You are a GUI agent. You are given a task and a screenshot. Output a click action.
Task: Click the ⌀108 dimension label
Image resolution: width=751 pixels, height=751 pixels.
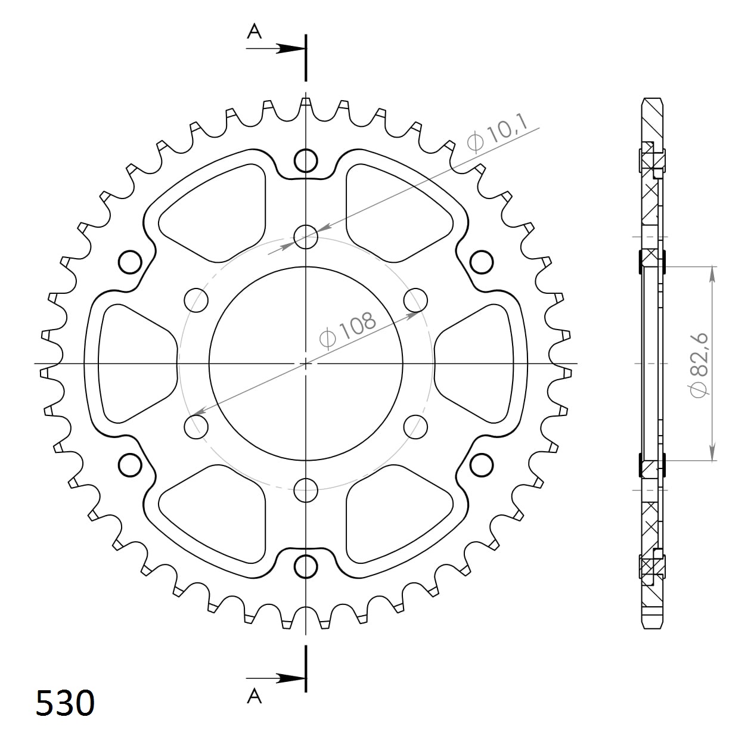click(348, 329)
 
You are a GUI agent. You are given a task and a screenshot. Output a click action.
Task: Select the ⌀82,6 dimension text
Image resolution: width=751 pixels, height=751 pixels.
click(698, 364)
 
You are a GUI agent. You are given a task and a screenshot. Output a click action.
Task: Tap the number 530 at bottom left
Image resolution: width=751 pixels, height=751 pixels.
click(65, 703)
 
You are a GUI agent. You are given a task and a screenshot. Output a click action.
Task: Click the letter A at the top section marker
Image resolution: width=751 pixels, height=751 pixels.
click(255, 31)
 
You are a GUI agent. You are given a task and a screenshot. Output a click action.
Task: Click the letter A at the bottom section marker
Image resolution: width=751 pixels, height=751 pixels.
click(255, 696)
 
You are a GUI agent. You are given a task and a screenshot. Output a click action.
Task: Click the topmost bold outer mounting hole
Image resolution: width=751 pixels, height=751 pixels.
click(306, 160)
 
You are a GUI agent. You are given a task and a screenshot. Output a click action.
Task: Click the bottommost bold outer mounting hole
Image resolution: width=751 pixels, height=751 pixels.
click(306, 566)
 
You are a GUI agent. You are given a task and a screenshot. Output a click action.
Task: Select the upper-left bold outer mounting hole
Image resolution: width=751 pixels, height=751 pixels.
click(130, 262)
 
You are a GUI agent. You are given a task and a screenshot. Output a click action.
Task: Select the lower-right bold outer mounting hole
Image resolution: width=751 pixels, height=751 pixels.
click(482, 465)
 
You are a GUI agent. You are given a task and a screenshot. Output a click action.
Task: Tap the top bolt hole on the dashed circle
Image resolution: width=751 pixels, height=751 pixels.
click(306, 237)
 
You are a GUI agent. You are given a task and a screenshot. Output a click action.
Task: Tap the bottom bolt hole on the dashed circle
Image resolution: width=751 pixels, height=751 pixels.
click(306, 490)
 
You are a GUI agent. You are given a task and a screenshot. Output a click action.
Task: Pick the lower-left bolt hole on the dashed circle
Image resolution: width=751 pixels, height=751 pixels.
click(196, 426)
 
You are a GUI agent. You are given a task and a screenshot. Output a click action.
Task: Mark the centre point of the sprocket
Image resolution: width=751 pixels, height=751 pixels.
click(306, 363)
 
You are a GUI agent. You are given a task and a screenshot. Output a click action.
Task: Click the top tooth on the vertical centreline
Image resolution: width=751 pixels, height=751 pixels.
click(306, 105)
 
